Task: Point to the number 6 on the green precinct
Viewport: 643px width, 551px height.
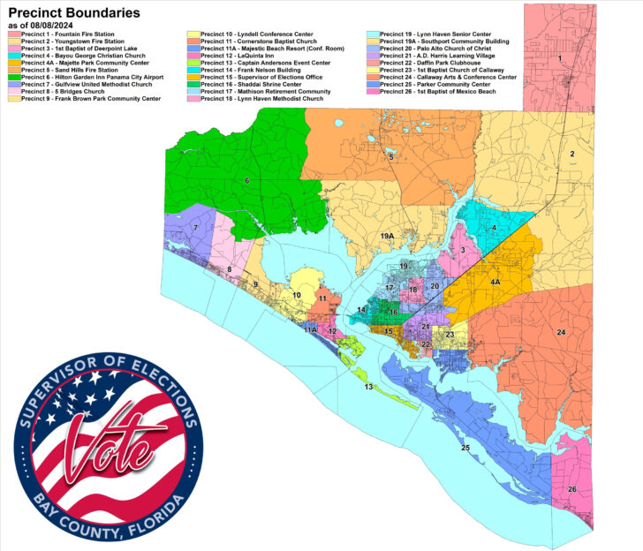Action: click(246, 181)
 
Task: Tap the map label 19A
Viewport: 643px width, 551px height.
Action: click(388, 237)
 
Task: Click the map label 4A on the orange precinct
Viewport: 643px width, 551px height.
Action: click(495, 283)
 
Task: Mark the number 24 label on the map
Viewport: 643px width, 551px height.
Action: click(560, 332)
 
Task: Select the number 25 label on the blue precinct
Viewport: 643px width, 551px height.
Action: click(465, 449)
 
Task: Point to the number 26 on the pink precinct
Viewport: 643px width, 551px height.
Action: click(572, 489)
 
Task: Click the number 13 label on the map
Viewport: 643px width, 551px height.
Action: click(368, 387)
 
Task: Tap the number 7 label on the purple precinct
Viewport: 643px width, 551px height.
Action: click(194, 229)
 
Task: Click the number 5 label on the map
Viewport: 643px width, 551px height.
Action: click(391, 157)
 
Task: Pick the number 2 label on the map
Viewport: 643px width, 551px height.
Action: click(572, 155)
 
